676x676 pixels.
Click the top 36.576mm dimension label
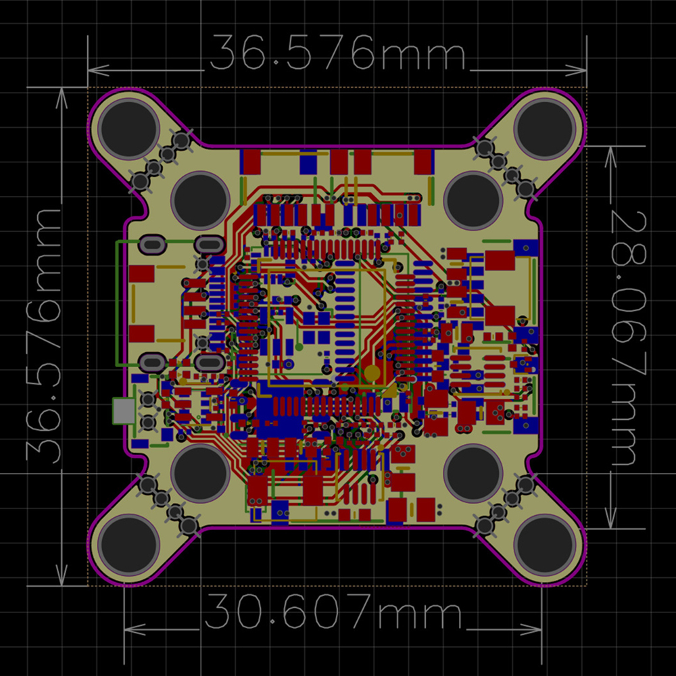pos(337,52)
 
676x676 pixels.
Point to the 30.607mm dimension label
pos(333,611)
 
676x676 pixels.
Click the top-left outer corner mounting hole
pos(128,128)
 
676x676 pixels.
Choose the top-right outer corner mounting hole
pos(545,128)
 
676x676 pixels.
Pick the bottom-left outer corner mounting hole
pos(128,545)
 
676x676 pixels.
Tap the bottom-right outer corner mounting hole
pos(545,545)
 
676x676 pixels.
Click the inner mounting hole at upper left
pos(201,201)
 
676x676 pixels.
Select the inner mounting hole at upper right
pos(473,201)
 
